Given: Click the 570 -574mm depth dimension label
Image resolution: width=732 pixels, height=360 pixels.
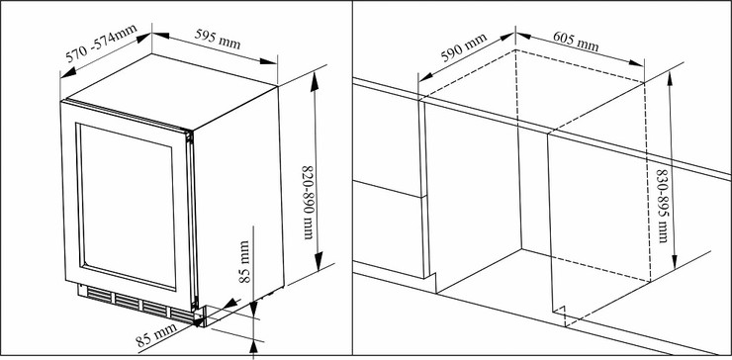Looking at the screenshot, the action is click(101, 43).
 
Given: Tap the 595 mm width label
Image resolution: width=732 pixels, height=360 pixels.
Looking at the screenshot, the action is click(218, 40).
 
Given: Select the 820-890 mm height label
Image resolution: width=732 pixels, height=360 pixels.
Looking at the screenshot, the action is click(309, 202).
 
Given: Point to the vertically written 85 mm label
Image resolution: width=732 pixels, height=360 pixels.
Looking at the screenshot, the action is click(244, 261).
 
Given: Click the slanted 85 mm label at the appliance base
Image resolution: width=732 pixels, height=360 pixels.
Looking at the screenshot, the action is click(157, 335).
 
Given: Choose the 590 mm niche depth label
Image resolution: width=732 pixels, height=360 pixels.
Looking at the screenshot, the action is click(464, 47).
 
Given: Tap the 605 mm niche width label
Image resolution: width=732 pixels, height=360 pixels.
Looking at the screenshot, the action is click(576, 42).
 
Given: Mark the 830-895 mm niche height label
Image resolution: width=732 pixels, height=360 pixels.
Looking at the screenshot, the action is click(663, 206).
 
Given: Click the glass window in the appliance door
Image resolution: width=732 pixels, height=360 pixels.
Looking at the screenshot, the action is click(126, 206).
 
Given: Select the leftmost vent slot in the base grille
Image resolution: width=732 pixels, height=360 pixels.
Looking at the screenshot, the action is click(99, 295).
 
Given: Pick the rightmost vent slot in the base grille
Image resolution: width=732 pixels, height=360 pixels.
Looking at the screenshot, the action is click(182, 315).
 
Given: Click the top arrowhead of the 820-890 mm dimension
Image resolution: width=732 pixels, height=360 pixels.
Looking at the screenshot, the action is click(315, 82).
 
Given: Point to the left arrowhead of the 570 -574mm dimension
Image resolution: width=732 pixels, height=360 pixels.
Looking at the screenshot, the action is click(68, 72).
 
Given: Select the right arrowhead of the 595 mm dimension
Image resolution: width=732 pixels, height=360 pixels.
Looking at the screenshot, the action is click(268, 60).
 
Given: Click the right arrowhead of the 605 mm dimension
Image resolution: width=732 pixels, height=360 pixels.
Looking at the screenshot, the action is click(636, 62).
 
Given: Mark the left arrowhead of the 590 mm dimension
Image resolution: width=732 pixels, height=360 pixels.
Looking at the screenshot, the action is click(425, 76).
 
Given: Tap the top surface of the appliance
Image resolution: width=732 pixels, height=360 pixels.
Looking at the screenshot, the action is click(170, 91).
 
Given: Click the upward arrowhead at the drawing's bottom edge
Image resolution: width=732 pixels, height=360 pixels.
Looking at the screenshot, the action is click(253, 346).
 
